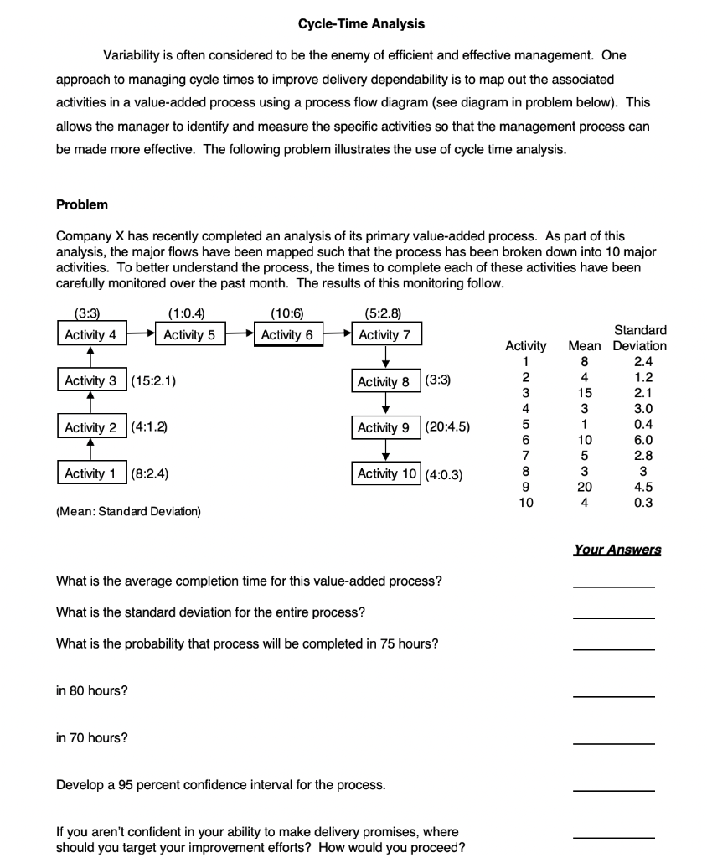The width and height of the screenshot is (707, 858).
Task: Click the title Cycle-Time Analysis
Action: [x=361, y=24]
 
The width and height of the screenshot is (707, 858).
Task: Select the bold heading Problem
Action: [x=81, y=204]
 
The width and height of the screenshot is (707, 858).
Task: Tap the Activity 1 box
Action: [x=91, y=473]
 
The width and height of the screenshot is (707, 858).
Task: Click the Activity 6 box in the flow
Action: [x=286, y=335]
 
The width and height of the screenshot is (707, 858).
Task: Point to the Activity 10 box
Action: [x=386, y=473]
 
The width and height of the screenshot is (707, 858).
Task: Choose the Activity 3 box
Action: [x=91, y=381]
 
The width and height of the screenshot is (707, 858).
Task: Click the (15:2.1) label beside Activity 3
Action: [x=153, y=381]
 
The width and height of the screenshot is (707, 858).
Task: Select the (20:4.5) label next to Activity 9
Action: [x=447, y=427]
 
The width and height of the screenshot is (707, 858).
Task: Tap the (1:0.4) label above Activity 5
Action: [x=185, y=314]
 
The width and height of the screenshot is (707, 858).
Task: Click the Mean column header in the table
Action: [x=585, y=345]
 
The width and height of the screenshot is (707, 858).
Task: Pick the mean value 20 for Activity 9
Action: [x=585, y=487]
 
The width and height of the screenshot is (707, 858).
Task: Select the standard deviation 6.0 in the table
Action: [x=643, y=439]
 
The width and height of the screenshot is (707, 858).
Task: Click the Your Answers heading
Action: [x=617, y=550]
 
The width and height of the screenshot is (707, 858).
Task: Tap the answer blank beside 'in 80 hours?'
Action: [x=613, y=695]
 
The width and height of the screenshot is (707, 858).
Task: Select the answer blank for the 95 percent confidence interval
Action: [x=613, y=790]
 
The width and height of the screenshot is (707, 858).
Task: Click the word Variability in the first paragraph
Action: [x=131, y=55]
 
